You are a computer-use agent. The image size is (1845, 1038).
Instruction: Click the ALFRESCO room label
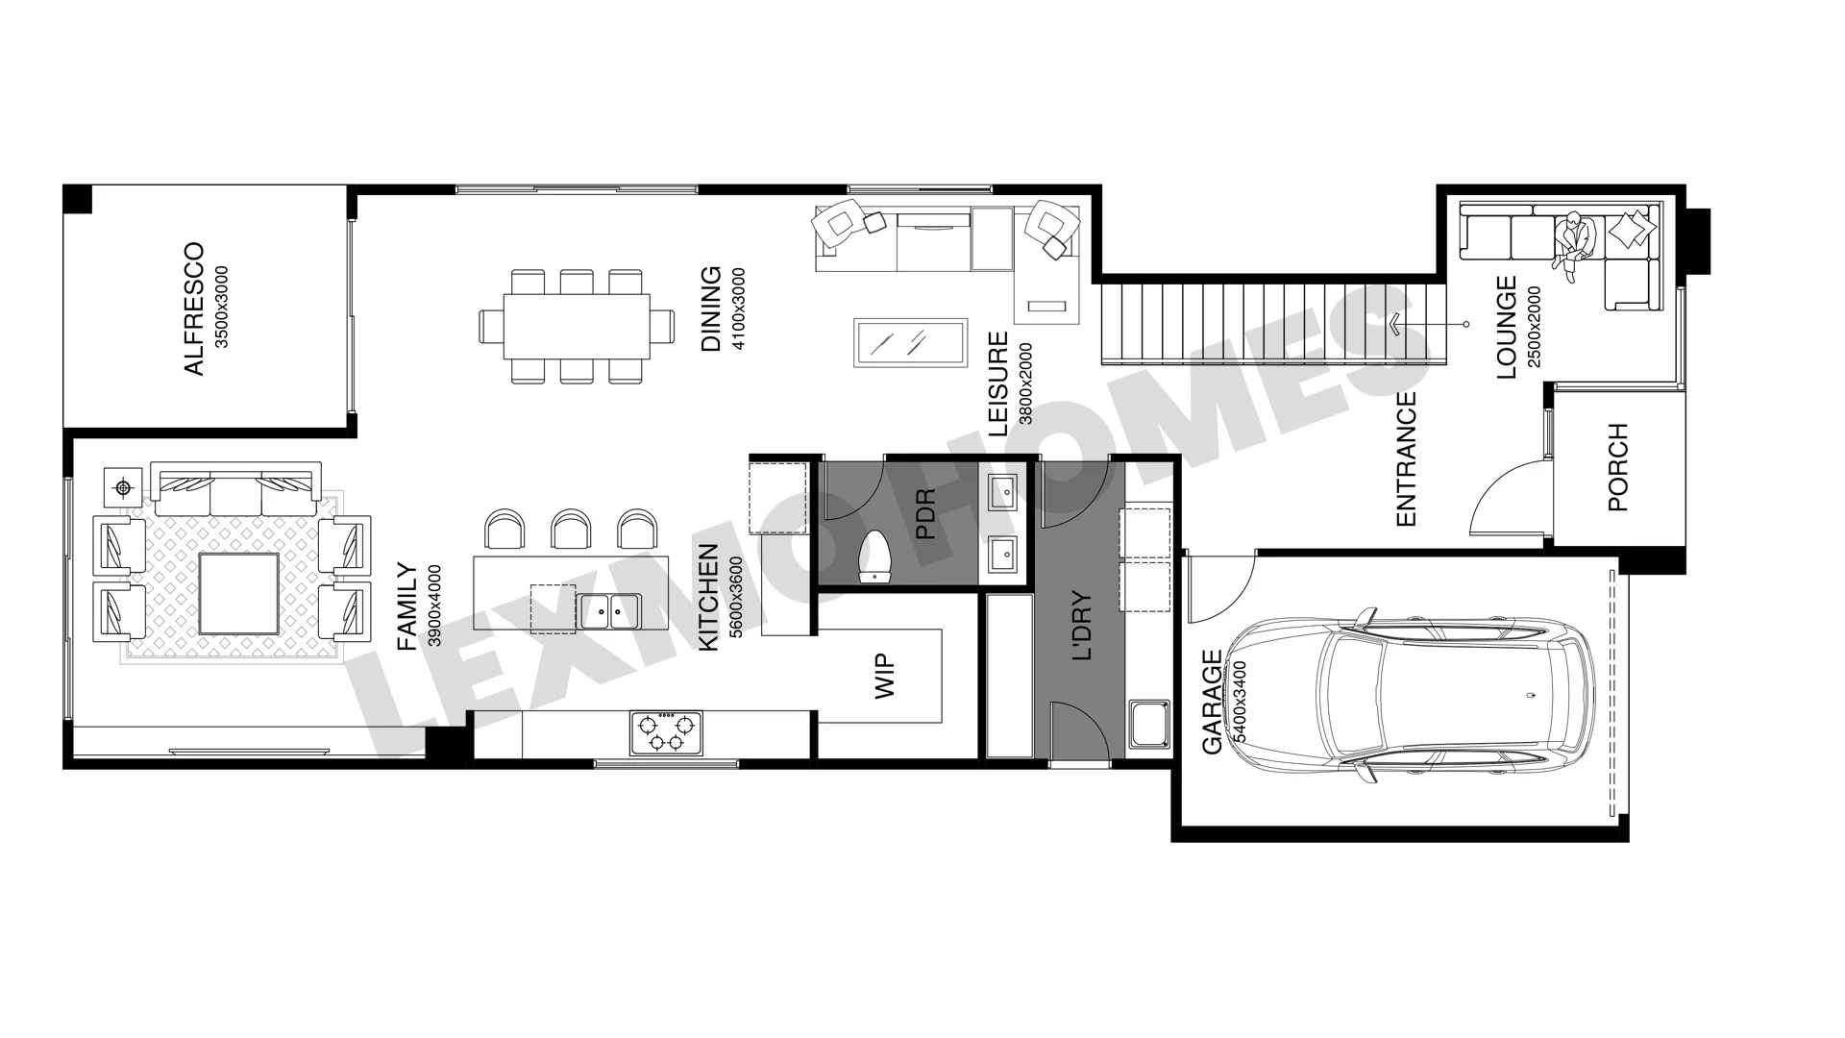pyautogui.click(x=193, y=309)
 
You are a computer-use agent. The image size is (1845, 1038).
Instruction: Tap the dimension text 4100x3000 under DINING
pyautogui.click(x=738, y=309)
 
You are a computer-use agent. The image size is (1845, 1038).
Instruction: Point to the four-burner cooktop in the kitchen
pyautogui.click(x=666, y=732)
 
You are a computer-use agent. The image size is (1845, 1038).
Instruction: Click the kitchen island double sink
pyautogui.click(x=609, y=610)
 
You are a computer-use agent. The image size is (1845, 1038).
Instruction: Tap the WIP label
pyautogui.click(x=885, y=676)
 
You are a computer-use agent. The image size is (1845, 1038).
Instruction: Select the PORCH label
pyautogui.click(x=1618, y=466)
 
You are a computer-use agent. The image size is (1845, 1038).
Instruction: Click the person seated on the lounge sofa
pyautogui.click(x=1573, y=244)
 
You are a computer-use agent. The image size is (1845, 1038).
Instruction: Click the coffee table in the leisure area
pyautogui.click(x=909, y=342)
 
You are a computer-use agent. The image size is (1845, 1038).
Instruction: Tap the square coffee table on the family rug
pyautogui.click(x=238, y=593)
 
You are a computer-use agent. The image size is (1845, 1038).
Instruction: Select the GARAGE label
pyautogui.click(x=1212, y=702)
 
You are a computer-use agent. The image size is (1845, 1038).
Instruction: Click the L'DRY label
pyautogui.click(x=1082, y=626)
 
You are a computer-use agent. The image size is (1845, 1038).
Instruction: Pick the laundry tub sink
pyautogui.click(x=1149, y=724)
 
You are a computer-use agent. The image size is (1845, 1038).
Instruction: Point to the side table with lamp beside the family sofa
pyautogui.click(x=122, y=488)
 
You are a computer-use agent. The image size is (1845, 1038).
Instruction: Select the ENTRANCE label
pyautogui.click(x=1406, y=459)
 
